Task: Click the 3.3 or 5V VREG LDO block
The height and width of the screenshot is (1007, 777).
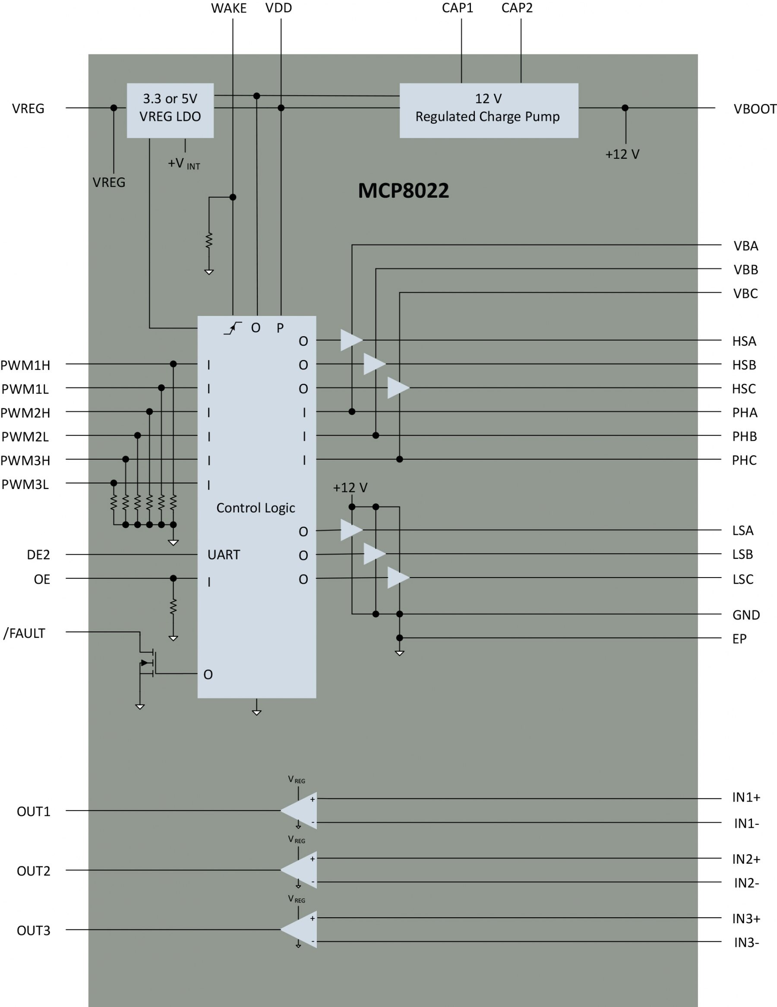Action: pyautogui.click(x=170, y=110)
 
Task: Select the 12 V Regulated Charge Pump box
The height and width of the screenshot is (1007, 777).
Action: pyautogui.click(x=488, y=110)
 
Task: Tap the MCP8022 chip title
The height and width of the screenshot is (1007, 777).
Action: pyautogui.click(x=403, y=191)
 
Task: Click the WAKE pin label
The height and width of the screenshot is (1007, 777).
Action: pyautogui.click(x=229, y=8)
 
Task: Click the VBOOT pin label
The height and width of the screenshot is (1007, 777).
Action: pyautogui.click(x=755, y=109)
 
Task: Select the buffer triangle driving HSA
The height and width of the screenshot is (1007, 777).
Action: pyautogui.click(x=350, y=340)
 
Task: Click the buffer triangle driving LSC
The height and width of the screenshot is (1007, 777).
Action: pyautogui.click(x=397, y=578)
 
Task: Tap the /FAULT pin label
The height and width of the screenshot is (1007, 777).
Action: pyautogui.click(x=25, y=634)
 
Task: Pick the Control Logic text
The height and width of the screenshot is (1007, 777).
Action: pyautogui.click(x=256, y=508)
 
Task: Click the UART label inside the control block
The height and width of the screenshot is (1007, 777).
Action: pyautogui.click(x=224, y=555)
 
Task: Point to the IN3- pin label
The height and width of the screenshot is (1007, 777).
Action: pyautogui.click(x=746, y=943)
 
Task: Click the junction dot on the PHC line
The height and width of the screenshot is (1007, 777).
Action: pyautogui.click(x=399, y=459)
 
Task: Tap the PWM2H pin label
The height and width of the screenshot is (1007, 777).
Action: pyautogui.click(x=25, y=413)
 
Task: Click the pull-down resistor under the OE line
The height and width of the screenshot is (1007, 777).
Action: pyautogui.click(x=173, y=607)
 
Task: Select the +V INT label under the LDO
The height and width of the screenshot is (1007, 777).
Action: pyautogui.click(x=183, y=164)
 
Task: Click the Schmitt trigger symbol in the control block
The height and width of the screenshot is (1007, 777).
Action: pyautogui.click(x=232, y=328)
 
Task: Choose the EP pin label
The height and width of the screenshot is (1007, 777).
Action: pyautogui.click(x=739, y=639)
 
